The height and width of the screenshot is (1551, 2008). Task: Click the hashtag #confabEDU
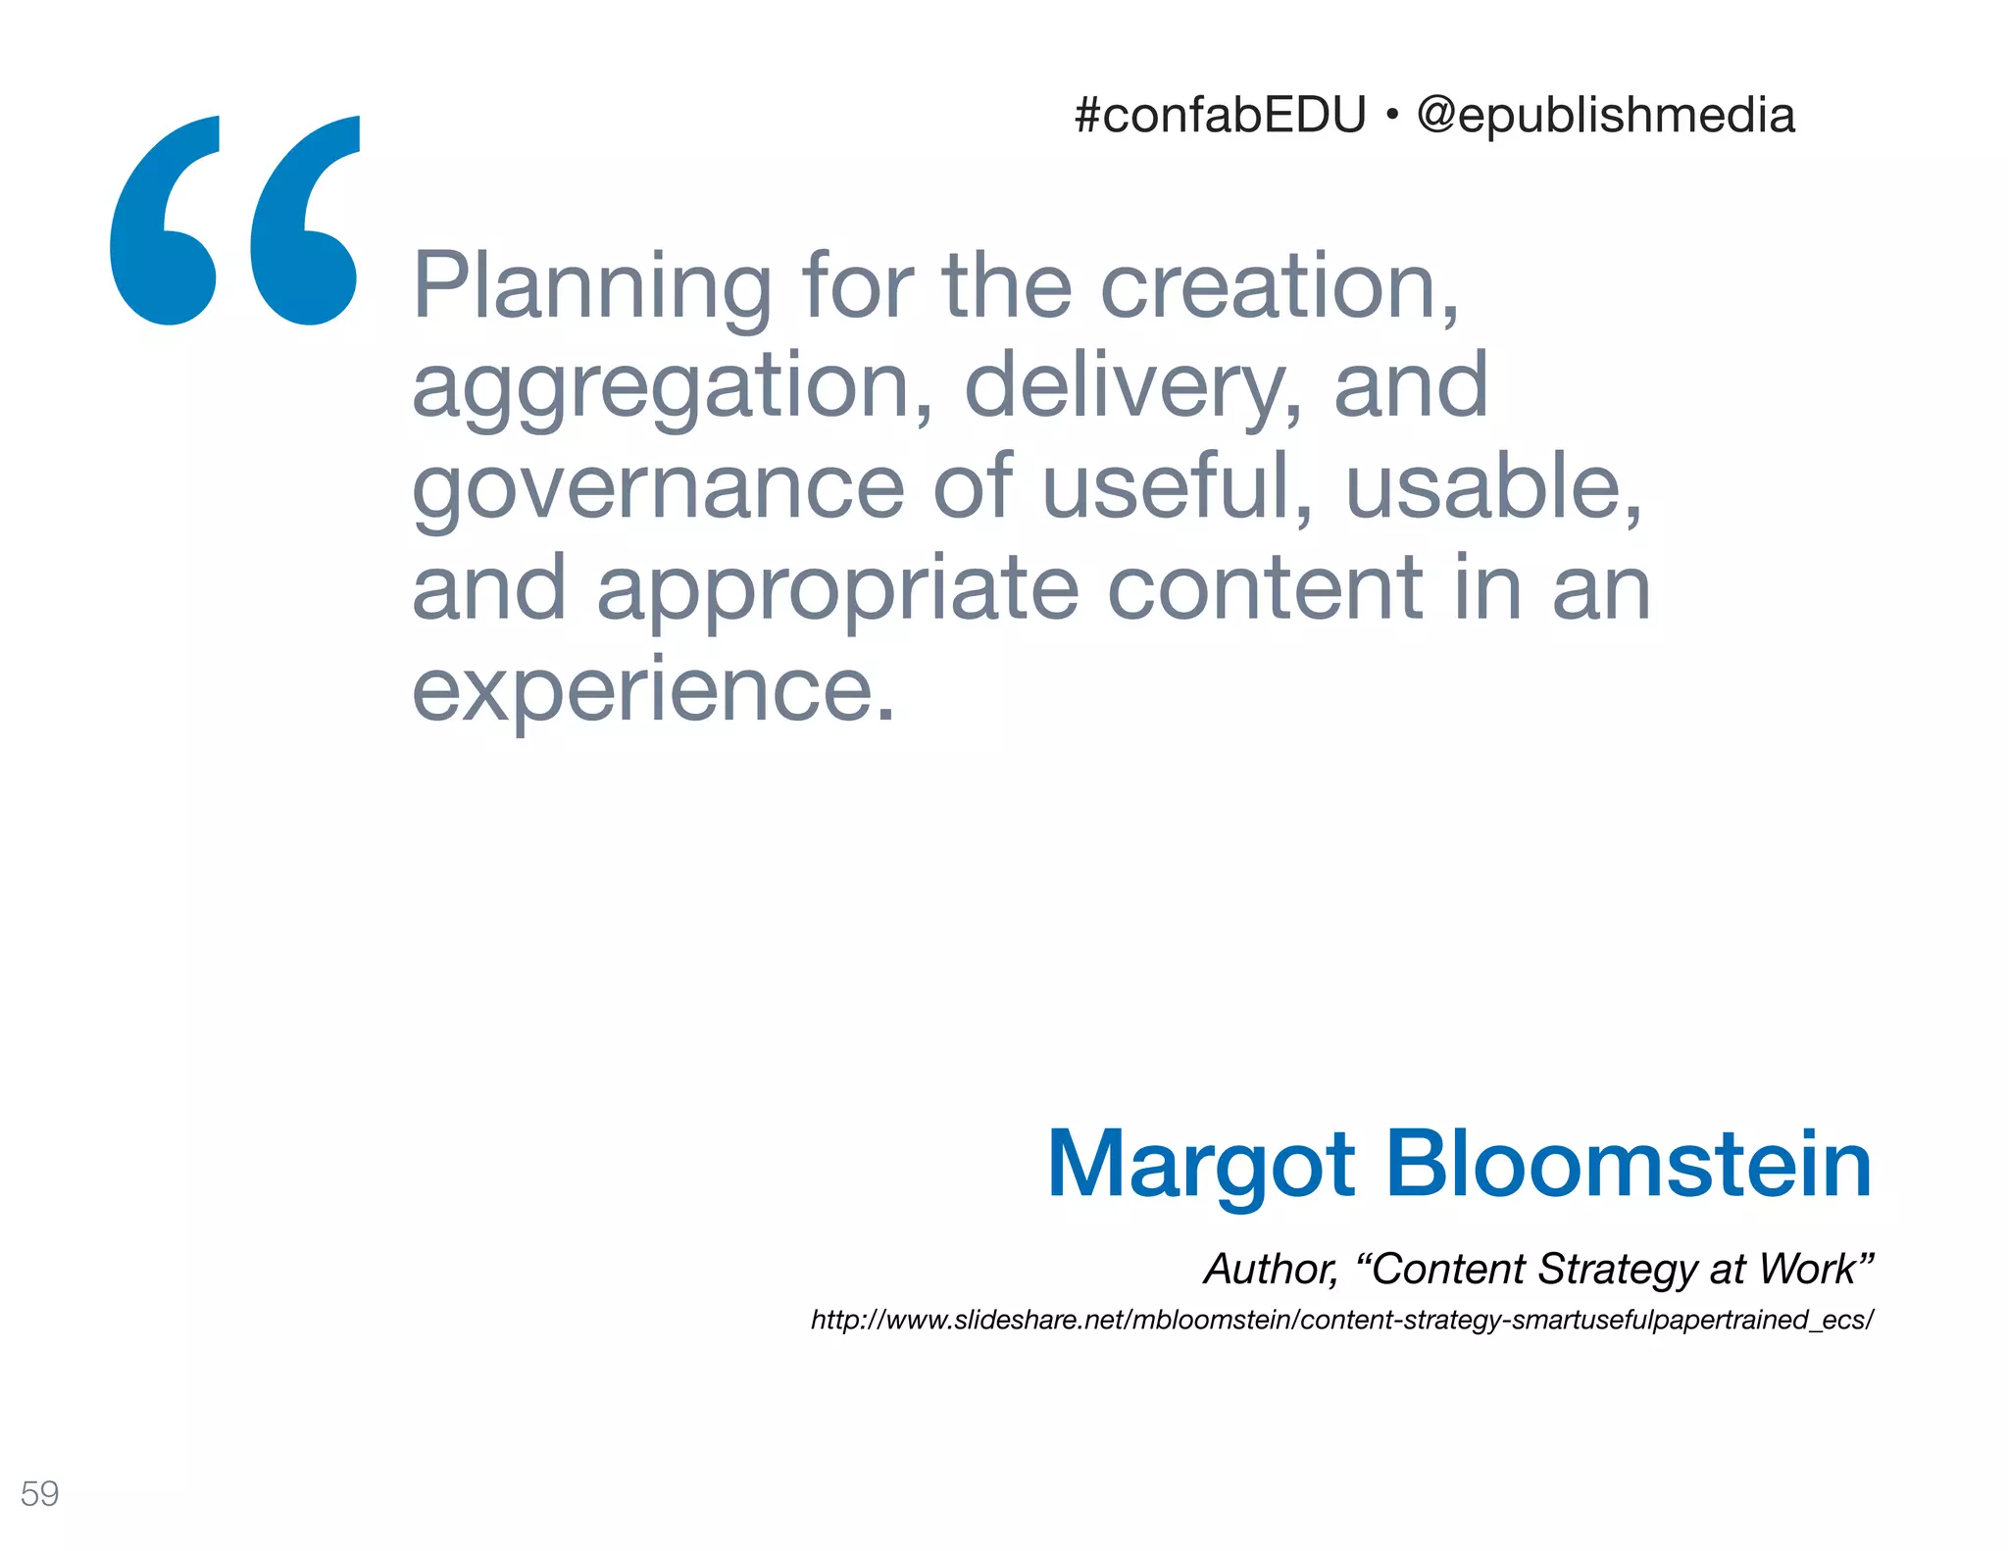tap(1220, 116)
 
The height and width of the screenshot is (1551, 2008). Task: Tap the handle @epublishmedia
tap(1606, 116)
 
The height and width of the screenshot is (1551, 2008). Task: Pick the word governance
tap(658, 488)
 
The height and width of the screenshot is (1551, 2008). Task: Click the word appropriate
tap(838, 591)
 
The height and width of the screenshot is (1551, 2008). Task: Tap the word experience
tap(653, 690)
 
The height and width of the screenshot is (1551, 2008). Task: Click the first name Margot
tap(1201, 1166)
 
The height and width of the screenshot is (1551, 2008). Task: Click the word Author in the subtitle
tap(1271, 1270)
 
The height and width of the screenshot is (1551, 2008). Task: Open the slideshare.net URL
tap(1341, 1320)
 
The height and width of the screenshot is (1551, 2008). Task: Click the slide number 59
tap(39, 1493)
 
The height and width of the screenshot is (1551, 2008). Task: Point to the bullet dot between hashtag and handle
tap(1391, 117)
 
